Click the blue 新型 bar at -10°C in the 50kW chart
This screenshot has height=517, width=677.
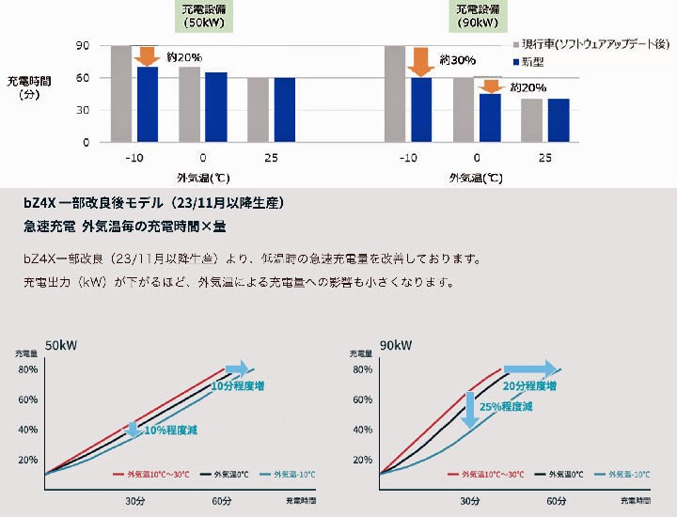148,103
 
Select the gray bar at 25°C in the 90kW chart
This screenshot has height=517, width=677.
531,120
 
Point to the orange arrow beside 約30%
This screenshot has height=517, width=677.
420,61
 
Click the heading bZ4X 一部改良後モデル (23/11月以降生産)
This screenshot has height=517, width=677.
152,203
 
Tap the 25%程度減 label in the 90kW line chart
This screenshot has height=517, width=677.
506,407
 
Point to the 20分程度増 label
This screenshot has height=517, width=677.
529,385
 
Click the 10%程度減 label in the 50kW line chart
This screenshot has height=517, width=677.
171,430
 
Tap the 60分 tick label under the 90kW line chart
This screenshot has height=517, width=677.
557,501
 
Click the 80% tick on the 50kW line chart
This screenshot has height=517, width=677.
27,369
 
